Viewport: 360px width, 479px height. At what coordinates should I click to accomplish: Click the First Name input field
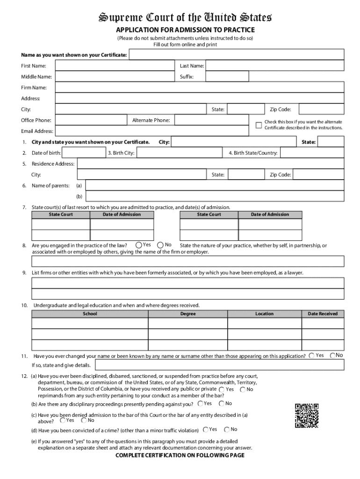[114, 66]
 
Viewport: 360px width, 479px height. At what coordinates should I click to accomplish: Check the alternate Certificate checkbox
[258, 124]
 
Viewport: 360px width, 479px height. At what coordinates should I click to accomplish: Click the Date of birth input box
[83, 153]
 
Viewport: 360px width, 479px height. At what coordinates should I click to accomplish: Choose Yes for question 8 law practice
[139, 245]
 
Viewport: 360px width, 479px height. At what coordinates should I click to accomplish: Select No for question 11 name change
[333, 356]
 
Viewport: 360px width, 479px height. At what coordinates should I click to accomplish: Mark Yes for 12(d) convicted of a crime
[205, 429]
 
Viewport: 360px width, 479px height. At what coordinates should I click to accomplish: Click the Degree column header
[188, 313]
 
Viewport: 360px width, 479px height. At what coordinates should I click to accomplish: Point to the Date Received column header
[323, 313]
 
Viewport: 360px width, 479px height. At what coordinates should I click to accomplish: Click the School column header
[90, 313]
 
